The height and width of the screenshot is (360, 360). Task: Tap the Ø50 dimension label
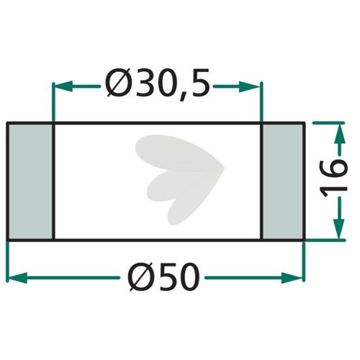point(164,276)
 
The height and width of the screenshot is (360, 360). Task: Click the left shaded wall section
point(31,181)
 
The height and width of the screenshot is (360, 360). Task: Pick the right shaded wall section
point(283,181)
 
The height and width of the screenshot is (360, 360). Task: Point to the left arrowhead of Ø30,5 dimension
point(63,86)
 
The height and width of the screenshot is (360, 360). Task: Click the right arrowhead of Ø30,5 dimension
point(251,86)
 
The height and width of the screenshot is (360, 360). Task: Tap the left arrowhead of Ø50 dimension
point(17,278)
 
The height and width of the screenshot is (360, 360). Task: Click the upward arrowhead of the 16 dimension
point(339,133)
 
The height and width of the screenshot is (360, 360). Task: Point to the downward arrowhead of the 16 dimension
point(339,229)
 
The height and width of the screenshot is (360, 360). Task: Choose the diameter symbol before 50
point(140,276)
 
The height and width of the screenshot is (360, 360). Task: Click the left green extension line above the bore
point(53,102)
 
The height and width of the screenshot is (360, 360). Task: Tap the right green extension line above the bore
point(262,102)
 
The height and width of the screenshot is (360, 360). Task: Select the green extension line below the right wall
point(304,261)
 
